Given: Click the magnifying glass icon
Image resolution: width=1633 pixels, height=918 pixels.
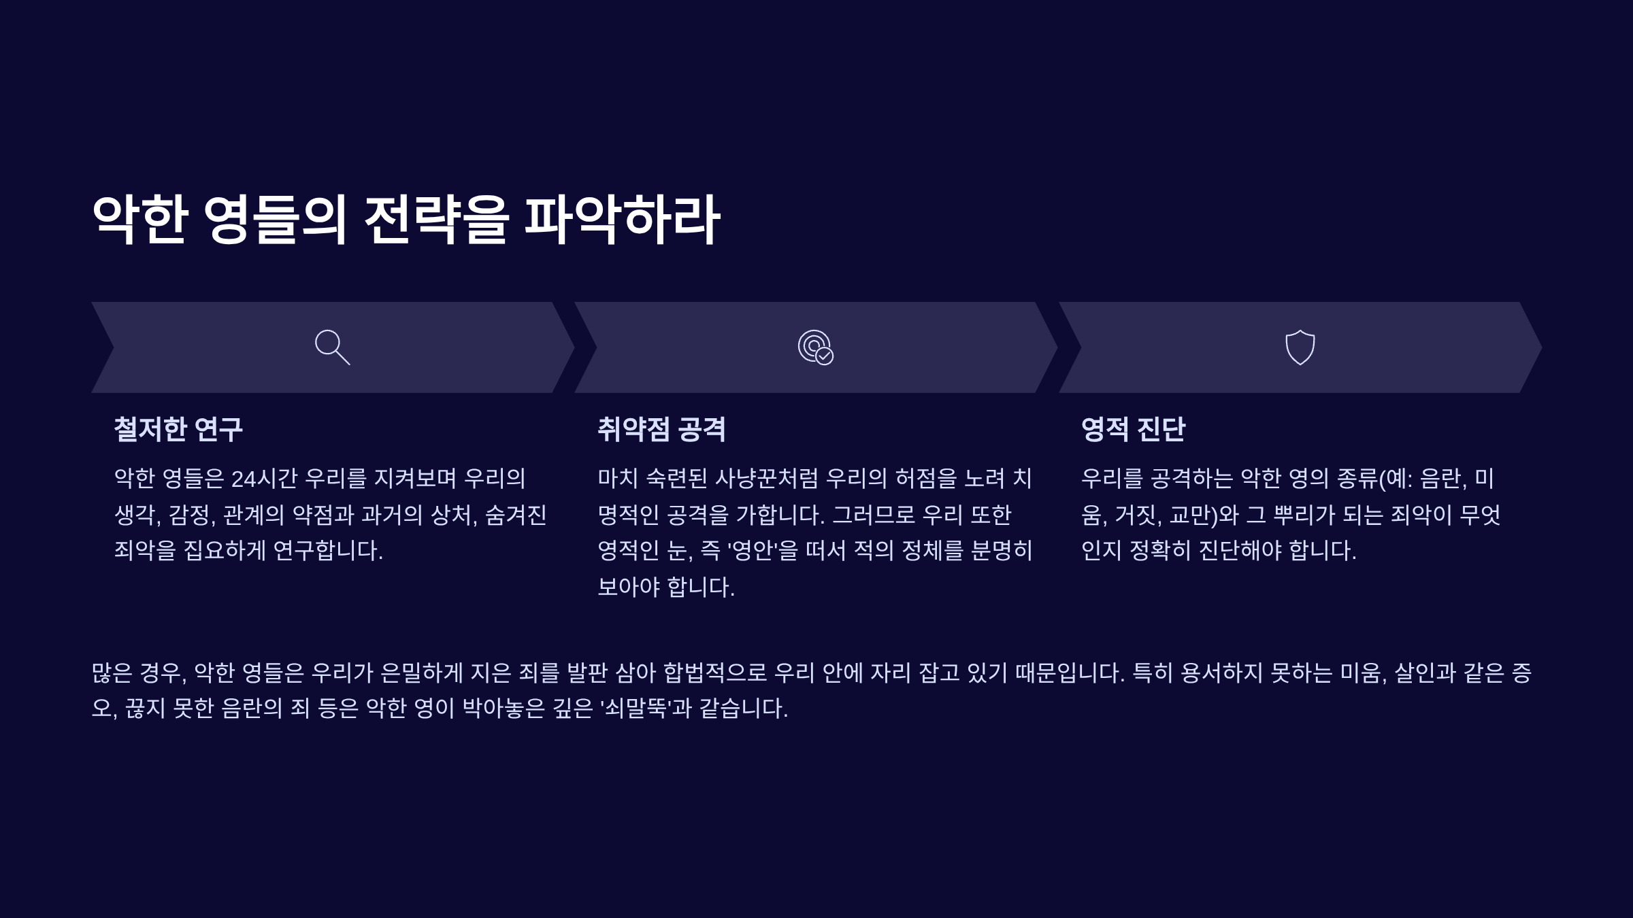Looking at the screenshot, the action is click(x=332, y=347).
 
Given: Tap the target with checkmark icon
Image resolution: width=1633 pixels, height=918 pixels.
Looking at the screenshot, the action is click(x=815, y=347).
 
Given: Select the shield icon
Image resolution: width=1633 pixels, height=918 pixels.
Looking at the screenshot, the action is click(x=1300, y=347).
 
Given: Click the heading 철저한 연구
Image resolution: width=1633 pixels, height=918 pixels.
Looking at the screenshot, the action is click(x=178, y=429).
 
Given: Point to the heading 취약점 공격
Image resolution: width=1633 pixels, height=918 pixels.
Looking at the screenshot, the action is click(x=661, y=429).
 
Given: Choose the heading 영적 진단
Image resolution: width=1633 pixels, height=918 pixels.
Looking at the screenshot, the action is click(x=1133, y=429).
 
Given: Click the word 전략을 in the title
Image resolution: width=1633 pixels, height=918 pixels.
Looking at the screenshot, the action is click(x=436, y=219).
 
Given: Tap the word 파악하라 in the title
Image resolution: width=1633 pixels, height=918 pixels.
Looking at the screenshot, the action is click(x=623, y=219).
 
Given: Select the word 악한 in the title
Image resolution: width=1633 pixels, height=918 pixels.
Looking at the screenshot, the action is click(x=139, y=219).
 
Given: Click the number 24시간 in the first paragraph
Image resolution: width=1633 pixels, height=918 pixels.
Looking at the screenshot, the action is click(x=264, y=479).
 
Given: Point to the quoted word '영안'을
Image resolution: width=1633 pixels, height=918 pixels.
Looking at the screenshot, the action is click(x=763, y=551).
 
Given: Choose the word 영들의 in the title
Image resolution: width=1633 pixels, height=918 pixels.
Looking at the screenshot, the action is click(x=276, y=219).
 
